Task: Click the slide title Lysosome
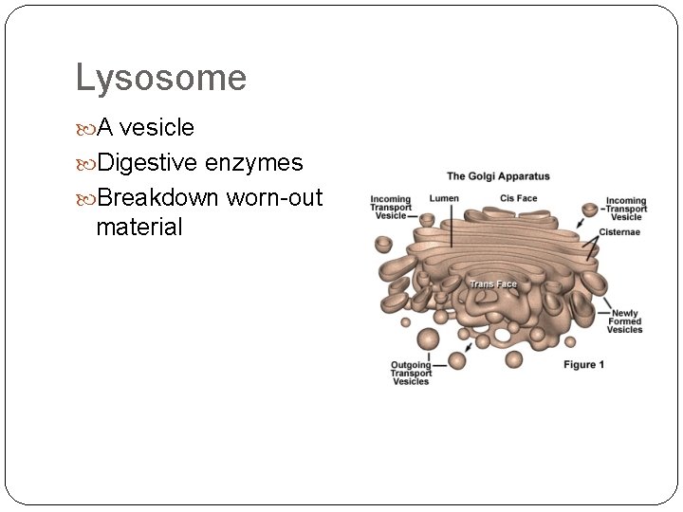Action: point(160,78)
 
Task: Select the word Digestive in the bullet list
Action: point(147,163)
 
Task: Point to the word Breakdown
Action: point(159,198)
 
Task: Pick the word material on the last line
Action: point(138,227)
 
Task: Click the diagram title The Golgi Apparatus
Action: point(498,176)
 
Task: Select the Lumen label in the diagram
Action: point(444,198)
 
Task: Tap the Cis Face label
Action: point(518,198)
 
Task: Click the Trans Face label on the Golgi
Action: point(493,284)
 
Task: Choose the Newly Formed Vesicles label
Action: point(626,321)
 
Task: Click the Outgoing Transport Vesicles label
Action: point(411,373)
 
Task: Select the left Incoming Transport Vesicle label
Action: point(391,207)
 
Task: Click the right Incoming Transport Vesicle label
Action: point(625,209)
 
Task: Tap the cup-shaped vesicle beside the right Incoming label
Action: point(590,208)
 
